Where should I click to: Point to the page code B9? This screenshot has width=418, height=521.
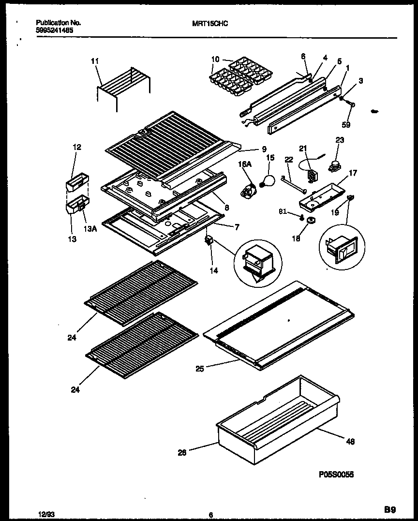390,509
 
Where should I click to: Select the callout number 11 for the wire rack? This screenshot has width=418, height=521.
95,61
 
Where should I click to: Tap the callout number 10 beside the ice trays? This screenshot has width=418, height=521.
215,60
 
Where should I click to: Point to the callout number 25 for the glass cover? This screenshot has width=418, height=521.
200,369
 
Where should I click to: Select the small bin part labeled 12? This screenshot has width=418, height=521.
76,183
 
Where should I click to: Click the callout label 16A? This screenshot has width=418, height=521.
245,164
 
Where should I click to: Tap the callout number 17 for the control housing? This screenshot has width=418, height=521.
353,173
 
